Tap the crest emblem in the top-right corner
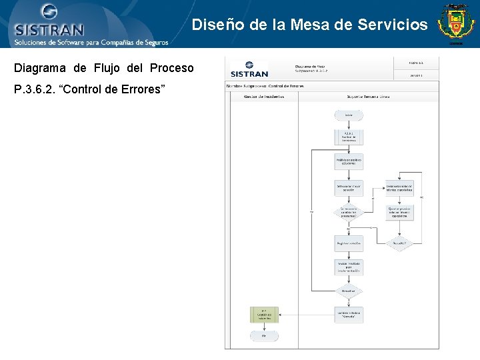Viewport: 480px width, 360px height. click(x=455, y=23)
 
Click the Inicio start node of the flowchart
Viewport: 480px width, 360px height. click(x=349, y=115)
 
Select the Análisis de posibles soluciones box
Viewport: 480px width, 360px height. click(x=349, y=162)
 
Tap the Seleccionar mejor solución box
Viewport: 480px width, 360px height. click(x=349, y=188)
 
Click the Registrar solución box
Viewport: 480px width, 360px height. click(x=349, y=243)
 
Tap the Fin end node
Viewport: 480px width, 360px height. click(x=264, y=336)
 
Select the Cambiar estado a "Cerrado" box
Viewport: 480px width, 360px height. click(x=349, y=314)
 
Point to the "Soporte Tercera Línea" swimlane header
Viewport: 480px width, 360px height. click(x=368, y=97)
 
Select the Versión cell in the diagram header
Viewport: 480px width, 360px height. click(x=416, y=75)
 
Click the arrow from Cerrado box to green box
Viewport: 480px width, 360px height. click(x=306, y=314)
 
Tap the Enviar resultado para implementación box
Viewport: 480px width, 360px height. click(x=349, y=268)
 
